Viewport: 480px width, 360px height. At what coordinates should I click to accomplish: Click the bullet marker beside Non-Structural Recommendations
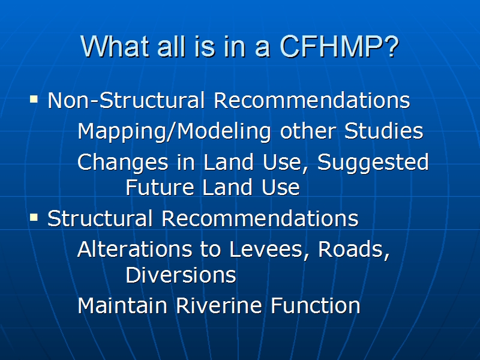34,99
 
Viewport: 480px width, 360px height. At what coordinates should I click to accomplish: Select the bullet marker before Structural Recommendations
34,217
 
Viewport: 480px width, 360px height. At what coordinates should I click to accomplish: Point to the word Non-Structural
126,100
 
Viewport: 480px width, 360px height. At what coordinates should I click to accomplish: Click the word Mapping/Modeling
174,131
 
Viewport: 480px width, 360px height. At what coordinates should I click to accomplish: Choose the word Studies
383,131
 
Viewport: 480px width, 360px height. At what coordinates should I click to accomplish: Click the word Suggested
373,163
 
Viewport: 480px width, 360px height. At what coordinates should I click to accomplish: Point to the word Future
160,187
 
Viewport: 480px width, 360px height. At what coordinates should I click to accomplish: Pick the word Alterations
134,248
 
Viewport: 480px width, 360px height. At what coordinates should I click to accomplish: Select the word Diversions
181,275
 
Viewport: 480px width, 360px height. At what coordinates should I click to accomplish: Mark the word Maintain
122,305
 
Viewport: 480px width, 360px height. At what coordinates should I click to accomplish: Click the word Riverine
219,305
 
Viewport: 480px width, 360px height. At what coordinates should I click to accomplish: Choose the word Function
316,305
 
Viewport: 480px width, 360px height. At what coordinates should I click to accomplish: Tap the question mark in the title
392,46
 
